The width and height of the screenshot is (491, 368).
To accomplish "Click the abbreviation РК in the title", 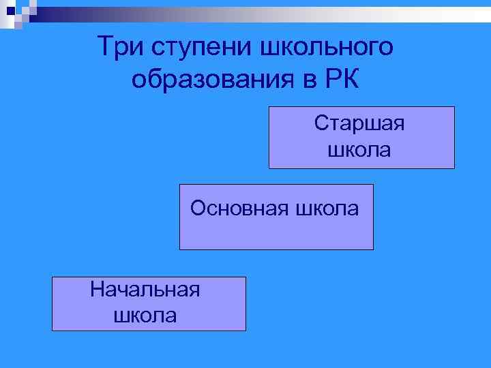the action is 341,79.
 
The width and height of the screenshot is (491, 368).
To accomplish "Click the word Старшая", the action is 360,124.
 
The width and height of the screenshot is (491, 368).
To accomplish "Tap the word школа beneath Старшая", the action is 360,149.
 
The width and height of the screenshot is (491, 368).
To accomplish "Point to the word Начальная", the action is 145,290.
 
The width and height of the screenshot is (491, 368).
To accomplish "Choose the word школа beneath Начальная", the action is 145,315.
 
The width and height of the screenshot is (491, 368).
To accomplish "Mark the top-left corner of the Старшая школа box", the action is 269,107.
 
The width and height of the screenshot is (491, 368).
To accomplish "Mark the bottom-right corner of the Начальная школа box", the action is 245,331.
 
